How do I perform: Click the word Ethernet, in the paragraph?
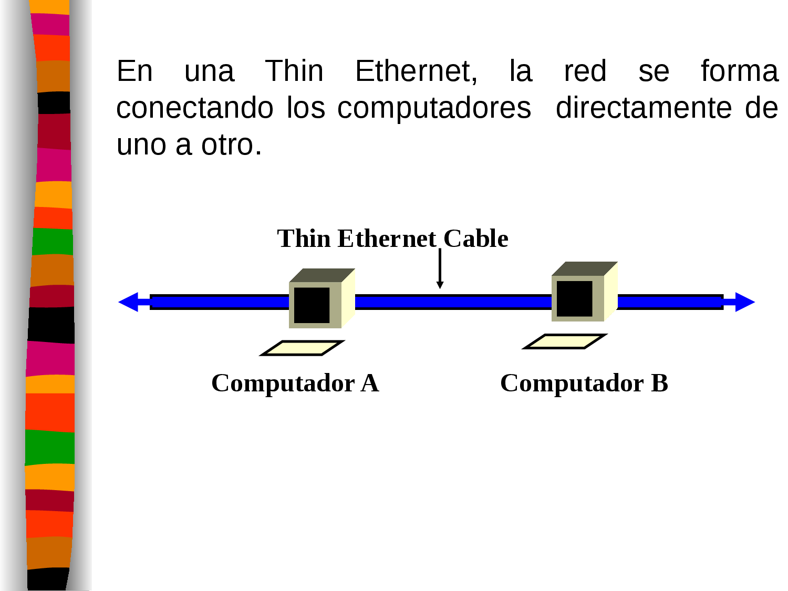pos(416,71)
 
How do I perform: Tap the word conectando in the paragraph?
pos(194,108)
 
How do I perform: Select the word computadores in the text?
pos(434,109)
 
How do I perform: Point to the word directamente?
pos(644,108)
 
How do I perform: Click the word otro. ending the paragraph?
pos(231,145)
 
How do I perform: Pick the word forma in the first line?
pos(739,71)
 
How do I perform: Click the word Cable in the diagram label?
pos(476,239)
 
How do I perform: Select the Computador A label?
pos(295,383)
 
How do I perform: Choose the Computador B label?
pos(584,383)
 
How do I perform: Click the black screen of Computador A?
pos(312,305)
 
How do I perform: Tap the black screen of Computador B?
pos(575,298)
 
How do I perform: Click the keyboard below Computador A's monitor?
pos(302,348)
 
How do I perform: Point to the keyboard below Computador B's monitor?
pos(565,341)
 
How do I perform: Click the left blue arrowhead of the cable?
pos(129,302)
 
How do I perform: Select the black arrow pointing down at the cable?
pos(440,268)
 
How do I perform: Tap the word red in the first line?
pos(585,71)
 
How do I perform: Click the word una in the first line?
pos(209,71)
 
